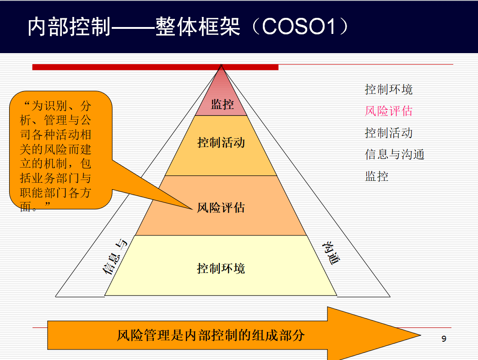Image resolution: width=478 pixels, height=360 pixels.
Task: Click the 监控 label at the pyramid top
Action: pyautogui.click(x=222, y=104)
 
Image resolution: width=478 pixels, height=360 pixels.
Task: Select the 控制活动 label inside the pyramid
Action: pyautogui.click(x=221, y=142)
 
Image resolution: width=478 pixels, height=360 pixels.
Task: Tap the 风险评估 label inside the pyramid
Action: pyautogui.click(x=221, y=207)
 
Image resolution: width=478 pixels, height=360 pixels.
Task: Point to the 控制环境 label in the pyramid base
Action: pyautogui.click(x=221, y=268)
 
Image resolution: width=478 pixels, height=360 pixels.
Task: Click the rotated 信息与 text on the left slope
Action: pyautogui.click(x=114, y=257)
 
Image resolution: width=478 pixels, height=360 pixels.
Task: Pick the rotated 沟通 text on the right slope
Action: pyautogui.click(x=331, y=253)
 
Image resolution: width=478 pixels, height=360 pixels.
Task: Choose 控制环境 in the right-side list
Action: pyautogui.click(x=389, y=89)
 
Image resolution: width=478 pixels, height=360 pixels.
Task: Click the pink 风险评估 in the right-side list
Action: pyautogui.click(x=389, y=111)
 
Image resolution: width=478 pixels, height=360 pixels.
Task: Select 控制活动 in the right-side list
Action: pyautogui.click(x=389, y=133)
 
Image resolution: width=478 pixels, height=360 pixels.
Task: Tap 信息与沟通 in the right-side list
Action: pyautogui.click(x=395, y=154)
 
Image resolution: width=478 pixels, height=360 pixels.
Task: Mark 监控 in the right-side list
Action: pyautogui.click(x=377, y=176)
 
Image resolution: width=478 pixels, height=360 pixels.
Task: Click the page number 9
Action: pyautogui.click(x=444, y=338)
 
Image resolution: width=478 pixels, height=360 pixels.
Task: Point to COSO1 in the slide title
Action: pyautogui.click(x=299, y=27)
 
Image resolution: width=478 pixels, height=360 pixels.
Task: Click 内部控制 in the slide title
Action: pyautogui.click(x=69, y=27)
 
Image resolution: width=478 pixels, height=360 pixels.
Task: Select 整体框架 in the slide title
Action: pyautogui.click(x=198, y=27)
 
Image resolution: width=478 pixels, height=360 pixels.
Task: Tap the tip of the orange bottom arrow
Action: pyautogui.click(x=421, y=335)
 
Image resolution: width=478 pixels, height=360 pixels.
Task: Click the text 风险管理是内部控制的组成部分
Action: pyautogui.click(x=211, y=335)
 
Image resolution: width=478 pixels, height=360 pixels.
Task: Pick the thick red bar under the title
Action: pyautogui.click(x=155, y=67)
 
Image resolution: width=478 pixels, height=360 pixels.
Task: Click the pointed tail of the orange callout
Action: pyautogui.click(x=193, y=209)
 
